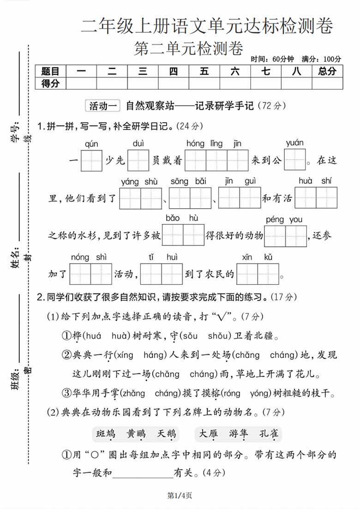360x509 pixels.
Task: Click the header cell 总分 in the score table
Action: [327, 71]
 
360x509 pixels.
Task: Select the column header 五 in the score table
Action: [204, 71]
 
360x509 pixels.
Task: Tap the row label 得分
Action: [50, 83]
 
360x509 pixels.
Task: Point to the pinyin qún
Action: [91, 144]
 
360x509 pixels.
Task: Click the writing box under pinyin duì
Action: [138, 161]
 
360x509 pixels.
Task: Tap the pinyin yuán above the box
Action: [294, 143]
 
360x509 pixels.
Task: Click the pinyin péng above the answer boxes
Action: [275, 220]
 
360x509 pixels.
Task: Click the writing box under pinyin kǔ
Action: [269, 274]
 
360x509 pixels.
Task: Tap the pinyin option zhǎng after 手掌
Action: [134, 393]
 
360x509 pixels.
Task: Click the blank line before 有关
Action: [142, 473]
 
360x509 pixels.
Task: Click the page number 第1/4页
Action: [180, 496]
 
